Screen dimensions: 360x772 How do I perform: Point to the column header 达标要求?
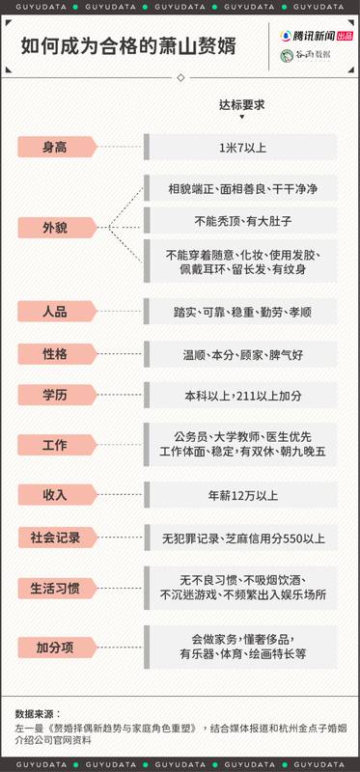point(241,105)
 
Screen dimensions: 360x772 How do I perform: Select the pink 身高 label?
point(55,147)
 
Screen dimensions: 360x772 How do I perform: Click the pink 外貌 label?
point(55,228)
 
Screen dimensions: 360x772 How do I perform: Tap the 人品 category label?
point(55,313)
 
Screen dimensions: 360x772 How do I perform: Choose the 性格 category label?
point(55,354)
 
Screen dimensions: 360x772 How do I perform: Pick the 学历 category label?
point(55,396)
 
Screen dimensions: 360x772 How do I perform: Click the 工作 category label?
point(55,446)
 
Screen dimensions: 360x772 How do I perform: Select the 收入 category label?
point(55,495)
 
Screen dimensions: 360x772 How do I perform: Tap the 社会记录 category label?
point(55,537)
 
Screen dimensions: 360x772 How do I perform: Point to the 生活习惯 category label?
point(55,588)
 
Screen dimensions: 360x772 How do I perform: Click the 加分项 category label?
point(55,646)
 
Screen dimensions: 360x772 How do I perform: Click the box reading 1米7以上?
point(241,147)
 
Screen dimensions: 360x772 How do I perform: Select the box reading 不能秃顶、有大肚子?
point(241,220)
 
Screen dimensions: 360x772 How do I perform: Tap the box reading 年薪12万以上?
point(241,495)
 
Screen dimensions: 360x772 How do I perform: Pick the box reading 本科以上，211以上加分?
point(241,396)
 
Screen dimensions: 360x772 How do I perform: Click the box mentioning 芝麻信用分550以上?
point(241,537)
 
